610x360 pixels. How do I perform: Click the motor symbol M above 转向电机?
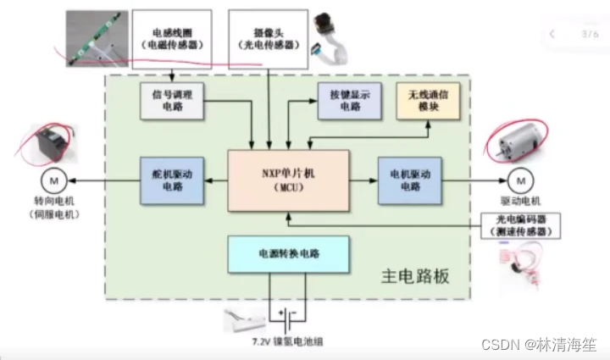52,180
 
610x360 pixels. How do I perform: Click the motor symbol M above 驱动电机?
518,180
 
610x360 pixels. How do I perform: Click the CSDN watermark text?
537,345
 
